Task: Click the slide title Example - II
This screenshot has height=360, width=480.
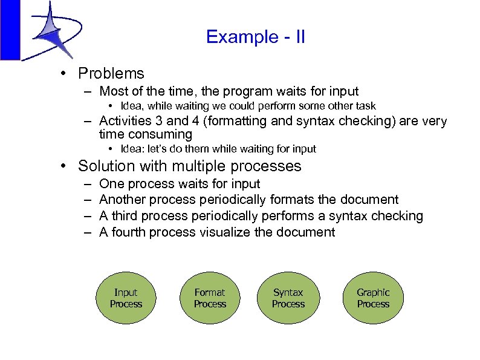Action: pos(255,38)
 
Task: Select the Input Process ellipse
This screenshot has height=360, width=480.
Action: pos(126,298)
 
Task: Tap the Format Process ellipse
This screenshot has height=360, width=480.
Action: pos(210,298)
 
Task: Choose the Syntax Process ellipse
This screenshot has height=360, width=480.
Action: pos(288,298)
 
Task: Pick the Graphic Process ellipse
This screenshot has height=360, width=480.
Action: pos(373,298)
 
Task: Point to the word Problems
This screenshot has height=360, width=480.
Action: pos(111,74)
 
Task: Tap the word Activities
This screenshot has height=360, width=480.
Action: pos(124,121)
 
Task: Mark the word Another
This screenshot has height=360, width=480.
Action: pos(123,200)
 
